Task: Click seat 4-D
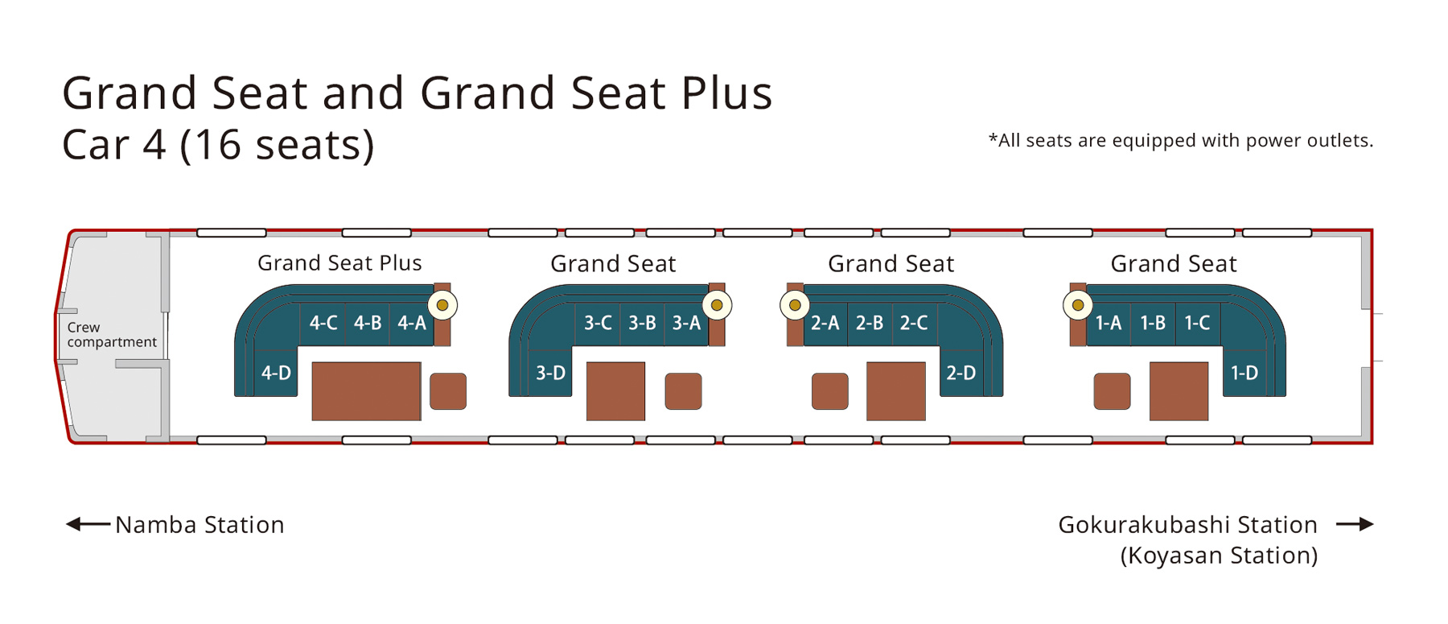276,372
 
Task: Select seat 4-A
412,324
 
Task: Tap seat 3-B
642,324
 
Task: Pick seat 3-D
550,372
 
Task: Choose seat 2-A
825,324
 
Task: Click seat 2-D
961,372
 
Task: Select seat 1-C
1198,324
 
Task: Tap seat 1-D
1244,372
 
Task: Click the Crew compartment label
112,334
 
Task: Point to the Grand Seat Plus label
339,263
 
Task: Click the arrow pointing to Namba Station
88,525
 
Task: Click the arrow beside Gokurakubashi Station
1355,525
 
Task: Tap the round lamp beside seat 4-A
442,305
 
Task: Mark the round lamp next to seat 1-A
1078,305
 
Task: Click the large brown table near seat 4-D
366,391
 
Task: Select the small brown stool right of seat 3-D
683,391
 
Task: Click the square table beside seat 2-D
895,391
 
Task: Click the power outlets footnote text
1181,140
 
